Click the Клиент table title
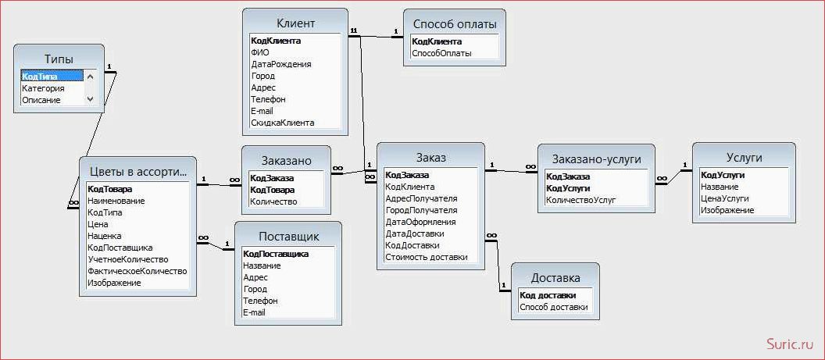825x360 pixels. click(x=295, y=23)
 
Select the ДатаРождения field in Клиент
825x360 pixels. click(x=281, y=64)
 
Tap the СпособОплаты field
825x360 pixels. click(x=441, y=53)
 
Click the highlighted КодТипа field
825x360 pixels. click(x=40, y=77)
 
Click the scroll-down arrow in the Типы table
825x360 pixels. click(x=90, y=98)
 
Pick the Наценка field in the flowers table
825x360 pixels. click(x=104, y=236)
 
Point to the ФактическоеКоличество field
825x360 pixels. click(x=137, y=271)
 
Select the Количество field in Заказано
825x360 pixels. click(x=273, y=201)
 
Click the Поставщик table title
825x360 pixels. click(x=288, y=237)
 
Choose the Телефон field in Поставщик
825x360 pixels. click(x=260, y=301)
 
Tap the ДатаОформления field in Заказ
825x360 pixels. click(x=420, y=222)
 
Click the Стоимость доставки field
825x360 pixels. click(x=427, y=257)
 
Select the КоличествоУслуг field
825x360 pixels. click(x=580, y=199)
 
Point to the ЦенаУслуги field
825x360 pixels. click(x=724, y=198)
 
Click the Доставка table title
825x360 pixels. click(x=555, y=278)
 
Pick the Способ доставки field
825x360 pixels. click(x=553, y=307)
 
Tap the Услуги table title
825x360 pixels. click(x=744, y=158)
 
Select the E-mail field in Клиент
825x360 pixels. click(x=262, y=111)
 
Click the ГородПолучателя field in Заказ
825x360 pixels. click(x=421, y=210)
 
